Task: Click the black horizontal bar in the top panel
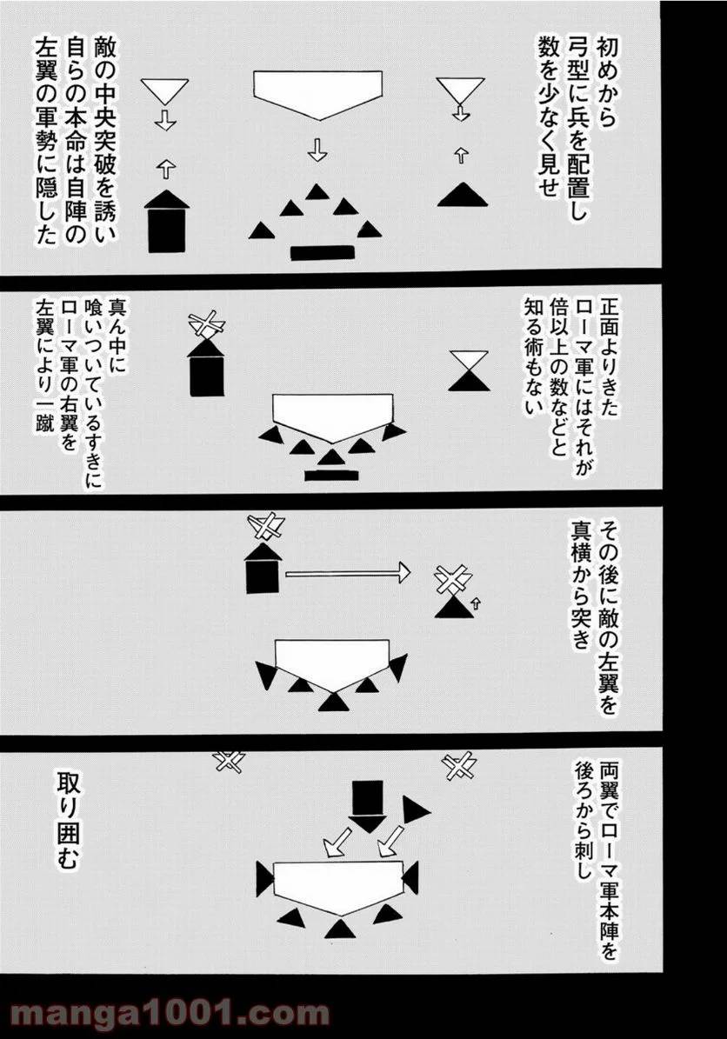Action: coord(323,253)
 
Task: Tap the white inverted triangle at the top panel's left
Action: coord(165,90)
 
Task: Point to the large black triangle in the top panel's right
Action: coord(462,195)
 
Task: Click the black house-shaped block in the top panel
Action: coord(166,221)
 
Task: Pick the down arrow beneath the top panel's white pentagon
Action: coord(317,150)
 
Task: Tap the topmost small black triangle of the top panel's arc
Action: coord(320,192)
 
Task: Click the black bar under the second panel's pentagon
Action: coord(331,474)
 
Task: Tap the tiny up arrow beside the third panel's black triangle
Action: coord(475,601)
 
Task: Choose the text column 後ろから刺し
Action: coord(582,823)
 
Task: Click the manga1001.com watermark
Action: coord(165,1014)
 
